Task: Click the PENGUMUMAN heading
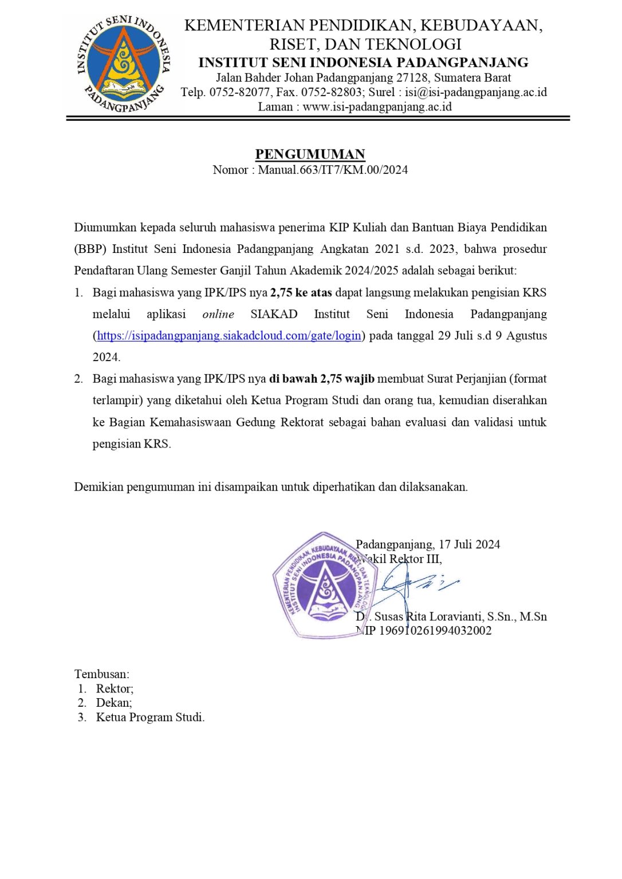tap(310, 154)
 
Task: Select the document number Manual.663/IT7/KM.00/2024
tap(333, 169)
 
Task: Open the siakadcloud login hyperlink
tap(229, 335)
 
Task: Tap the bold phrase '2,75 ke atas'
tap(301, 292)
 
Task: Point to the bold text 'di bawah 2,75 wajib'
tap(321, 379)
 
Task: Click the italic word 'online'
tap(218, 314)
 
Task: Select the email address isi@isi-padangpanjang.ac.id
tap(476, 92)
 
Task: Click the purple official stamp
tap(324, 585)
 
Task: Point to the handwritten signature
tap(412, 584)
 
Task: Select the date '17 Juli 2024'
tap(469, 544)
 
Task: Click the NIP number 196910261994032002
tap(435, 631)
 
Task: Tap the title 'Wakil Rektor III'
tap(401, 559)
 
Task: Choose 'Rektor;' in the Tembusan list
tap(115, 688)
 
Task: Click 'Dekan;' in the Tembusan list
tap(114, 703)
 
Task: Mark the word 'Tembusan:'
tap(102, 674)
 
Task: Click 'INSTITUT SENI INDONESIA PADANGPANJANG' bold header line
tap(363, 62)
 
